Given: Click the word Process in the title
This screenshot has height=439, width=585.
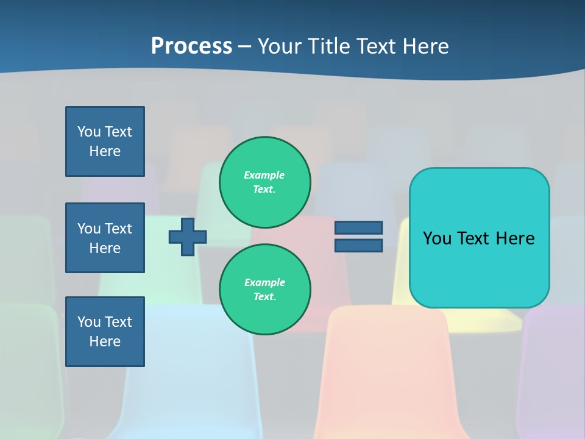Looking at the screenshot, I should click(191, 46).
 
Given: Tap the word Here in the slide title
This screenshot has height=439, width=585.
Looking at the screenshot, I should click(425, 46).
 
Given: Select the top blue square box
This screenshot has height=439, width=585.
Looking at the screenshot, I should click(105, 141).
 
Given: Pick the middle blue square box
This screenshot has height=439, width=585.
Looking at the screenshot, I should click(105, 238).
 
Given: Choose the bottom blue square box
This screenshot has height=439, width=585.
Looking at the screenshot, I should click(105, 332).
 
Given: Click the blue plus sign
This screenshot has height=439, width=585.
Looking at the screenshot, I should click(188, 237).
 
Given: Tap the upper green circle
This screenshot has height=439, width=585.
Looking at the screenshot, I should click(265, 182).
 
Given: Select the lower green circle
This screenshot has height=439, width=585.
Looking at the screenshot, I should click(265, 289).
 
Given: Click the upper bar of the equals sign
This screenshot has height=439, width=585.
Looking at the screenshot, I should click(358, 227).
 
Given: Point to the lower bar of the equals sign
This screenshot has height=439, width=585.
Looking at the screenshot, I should click(358, 245).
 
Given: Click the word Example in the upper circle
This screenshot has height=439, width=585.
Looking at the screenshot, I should click(264, 175).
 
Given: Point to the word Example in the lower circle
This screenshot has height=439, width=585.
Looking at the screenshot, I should click(264, 282).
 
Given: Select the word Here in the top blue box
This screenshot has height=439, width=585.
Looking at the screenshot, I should click(105, 151).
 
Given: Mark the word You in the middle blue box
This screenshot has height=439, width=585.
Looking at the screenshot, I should click(88, 229).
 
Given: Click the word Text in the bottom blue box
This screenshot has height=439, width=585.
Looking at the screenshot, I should click(118, 322).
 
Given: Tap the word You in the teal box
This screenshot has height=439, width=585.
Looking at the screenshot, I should click(437, 238).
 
